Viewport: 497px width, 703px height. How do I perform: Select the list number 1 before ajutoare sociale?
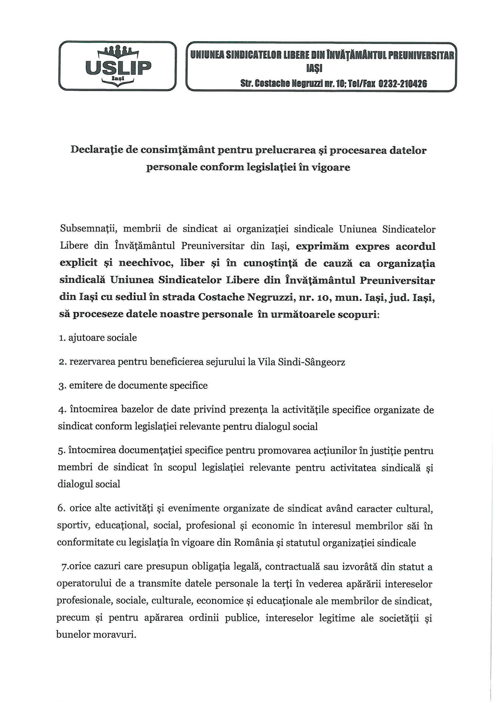pos(61,338)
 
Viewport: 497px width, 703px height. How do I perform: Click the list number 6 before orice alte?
pos(60,509)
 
